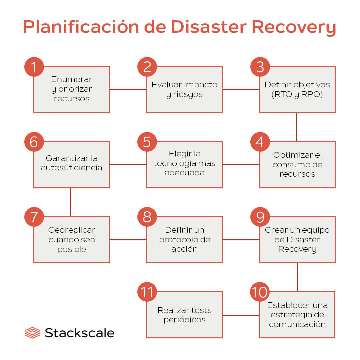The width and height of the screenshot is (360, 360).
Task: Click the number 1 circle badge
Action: [34, 67]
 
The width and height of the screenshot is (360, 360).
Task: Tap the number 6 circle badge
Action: [34, 142]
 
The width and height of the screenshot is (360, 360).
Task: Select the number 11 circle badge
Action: [147, 292]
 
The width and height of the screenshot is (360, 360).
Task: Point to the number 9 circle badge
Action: [260, 217]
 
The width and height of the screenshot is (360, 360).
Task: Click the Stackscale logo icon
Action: [32, 333]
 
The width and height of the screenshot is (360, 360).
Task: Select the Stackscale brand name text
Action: [79, 333]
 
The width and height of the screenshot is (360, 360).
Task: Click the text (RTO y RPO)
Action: [297, 94]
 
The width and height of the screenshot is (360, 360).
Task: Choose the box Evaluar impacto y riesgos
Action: [184, 89]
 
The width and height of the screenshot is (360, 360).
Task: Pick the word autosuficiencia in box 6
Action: [71, 167]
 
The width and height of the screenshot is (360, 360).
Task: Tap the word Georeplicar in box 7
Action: [71, 230]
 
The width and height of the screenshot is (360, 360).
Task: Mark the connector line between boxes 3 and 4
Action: [297, 127]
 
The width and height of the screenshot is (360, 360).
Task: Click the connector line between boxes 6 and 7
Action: [71, 202]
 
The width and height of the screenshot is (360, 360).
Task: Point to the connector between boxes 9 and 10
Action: [297, 277]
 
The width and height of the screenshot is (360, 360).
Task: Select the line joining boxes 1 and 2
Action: [128, 89]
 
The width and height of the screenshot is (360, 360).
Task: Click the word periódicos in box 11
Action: [184, 320]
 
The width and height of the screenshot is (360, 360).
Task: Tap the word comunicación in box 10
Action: [297, 324]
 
